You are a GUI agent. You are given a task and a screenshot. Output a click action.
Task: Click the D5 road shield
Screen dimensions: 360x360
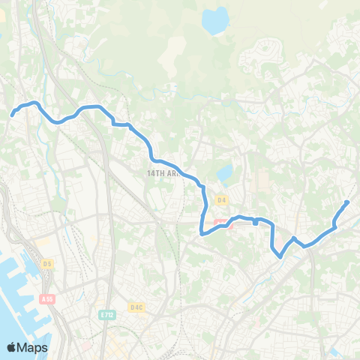(x=48, y=264)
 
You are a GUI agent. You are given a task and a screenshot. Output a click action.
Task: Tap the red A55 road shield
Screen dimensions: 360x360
(x=48, y=299)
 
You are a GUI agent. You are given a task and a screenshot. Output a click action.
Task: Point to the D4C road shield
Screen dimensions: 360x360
(x=136, y=307)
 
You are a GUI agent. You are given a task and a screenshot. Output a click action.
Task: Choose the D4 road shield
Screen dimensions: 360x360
(x=221, y=200)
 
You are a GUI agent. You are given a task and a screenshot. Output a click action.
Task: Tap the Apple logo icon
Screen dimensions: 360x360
(x=12, y=347)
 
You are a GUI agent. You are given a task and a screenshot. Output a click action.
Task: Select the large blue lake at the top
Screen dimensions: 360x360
(x=216, y=21)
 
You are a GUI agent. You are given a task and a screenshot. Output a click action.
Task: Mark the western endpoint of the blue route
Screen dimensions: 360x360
(x=13, y=115)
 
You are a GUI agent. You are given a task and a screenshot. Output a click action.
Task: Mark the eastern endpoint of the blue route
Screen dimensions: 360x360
(x=346, y=202)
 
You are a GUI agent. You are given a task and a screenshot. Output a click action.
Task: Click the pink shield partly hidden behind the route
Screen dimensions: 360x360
(x=220, y=222)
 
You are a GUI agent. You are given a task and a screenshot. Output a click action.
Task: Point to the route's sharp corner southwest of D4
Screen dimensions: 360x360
(x=202, y=233)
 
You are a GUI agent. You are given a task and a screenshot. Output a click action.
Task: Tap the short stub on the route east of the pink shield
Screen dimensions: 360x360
(x=256, y=222)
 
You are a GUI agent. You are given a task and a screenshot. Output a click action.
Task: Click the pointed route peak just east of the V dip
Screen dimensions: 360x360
(x=294, y=238)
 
